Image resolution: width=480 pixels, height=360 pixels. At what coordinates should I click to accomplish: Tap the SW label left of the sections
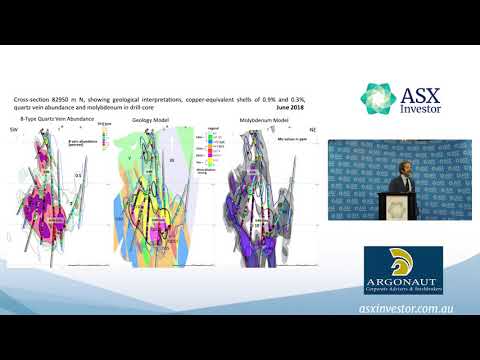pos(14,128)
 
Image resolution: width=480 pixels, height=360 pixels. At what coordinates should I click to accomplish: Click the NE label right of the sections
pos(314,128)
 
